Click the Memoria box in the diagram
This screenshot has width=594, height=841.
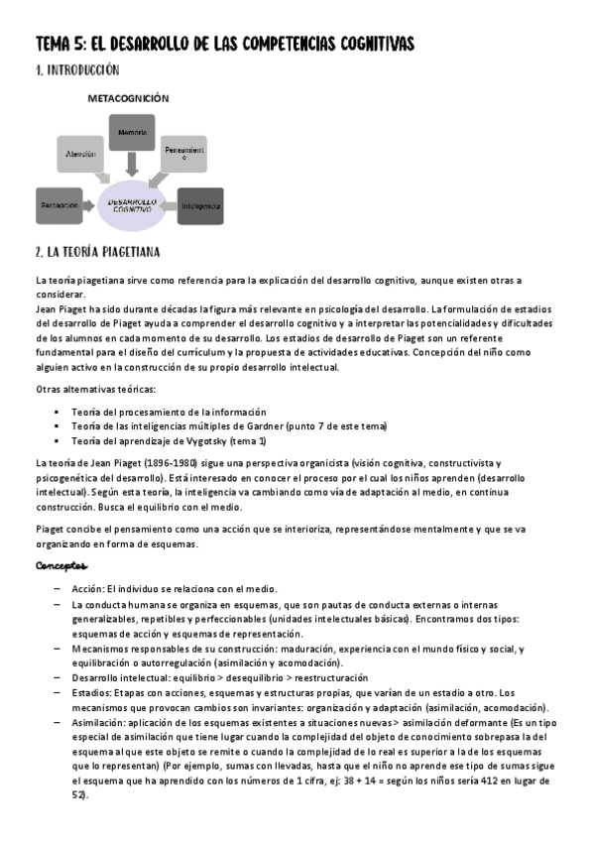point(133,133)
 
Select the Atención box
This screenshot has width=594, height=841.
point(80,155)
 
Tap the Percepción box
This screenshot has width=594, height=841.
point(59,205)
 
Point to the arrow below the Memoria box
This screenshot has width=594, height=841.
point(133,166)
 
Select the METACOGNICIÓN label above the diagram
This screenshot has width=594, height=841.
point(129,99)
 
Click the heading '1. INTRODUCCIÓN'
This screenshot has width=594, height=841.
point(77,70)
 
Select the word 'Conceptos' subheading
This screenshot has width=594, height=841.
point(61,566)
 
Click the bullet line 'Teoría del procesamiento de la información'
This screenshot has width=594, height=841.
point(168,412)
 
